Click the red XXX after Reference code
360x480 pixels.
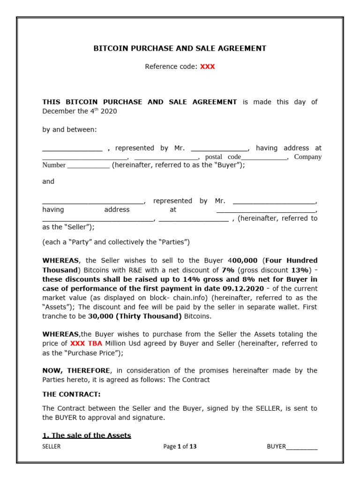[x=207, y=67]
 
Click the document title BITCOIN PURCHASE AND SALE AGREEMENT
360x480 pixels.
[x=180, y=48]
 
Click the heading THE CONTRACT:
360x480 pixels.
[x=71, y=394]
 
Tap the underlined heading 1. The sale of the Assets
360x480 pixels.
[x=87, y=435]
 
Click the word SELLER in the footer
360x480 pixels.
[x=52, y=447]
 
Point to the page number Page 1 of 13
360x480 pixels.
[x=180, y=447]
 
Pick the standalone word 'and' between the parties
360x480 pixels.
[x=48, y=181]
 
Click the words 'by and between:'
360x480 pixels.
[x=69, y=129]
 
